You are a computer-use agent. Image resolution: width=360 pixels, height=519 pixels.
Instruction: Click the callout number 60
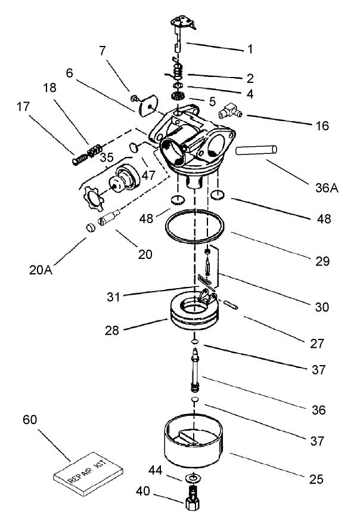pyautogui.click(x=29, y=419)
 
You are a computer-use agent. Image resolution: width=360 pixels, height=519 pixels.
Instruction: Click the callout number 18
pyautogui.click(x=49, y=87)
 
